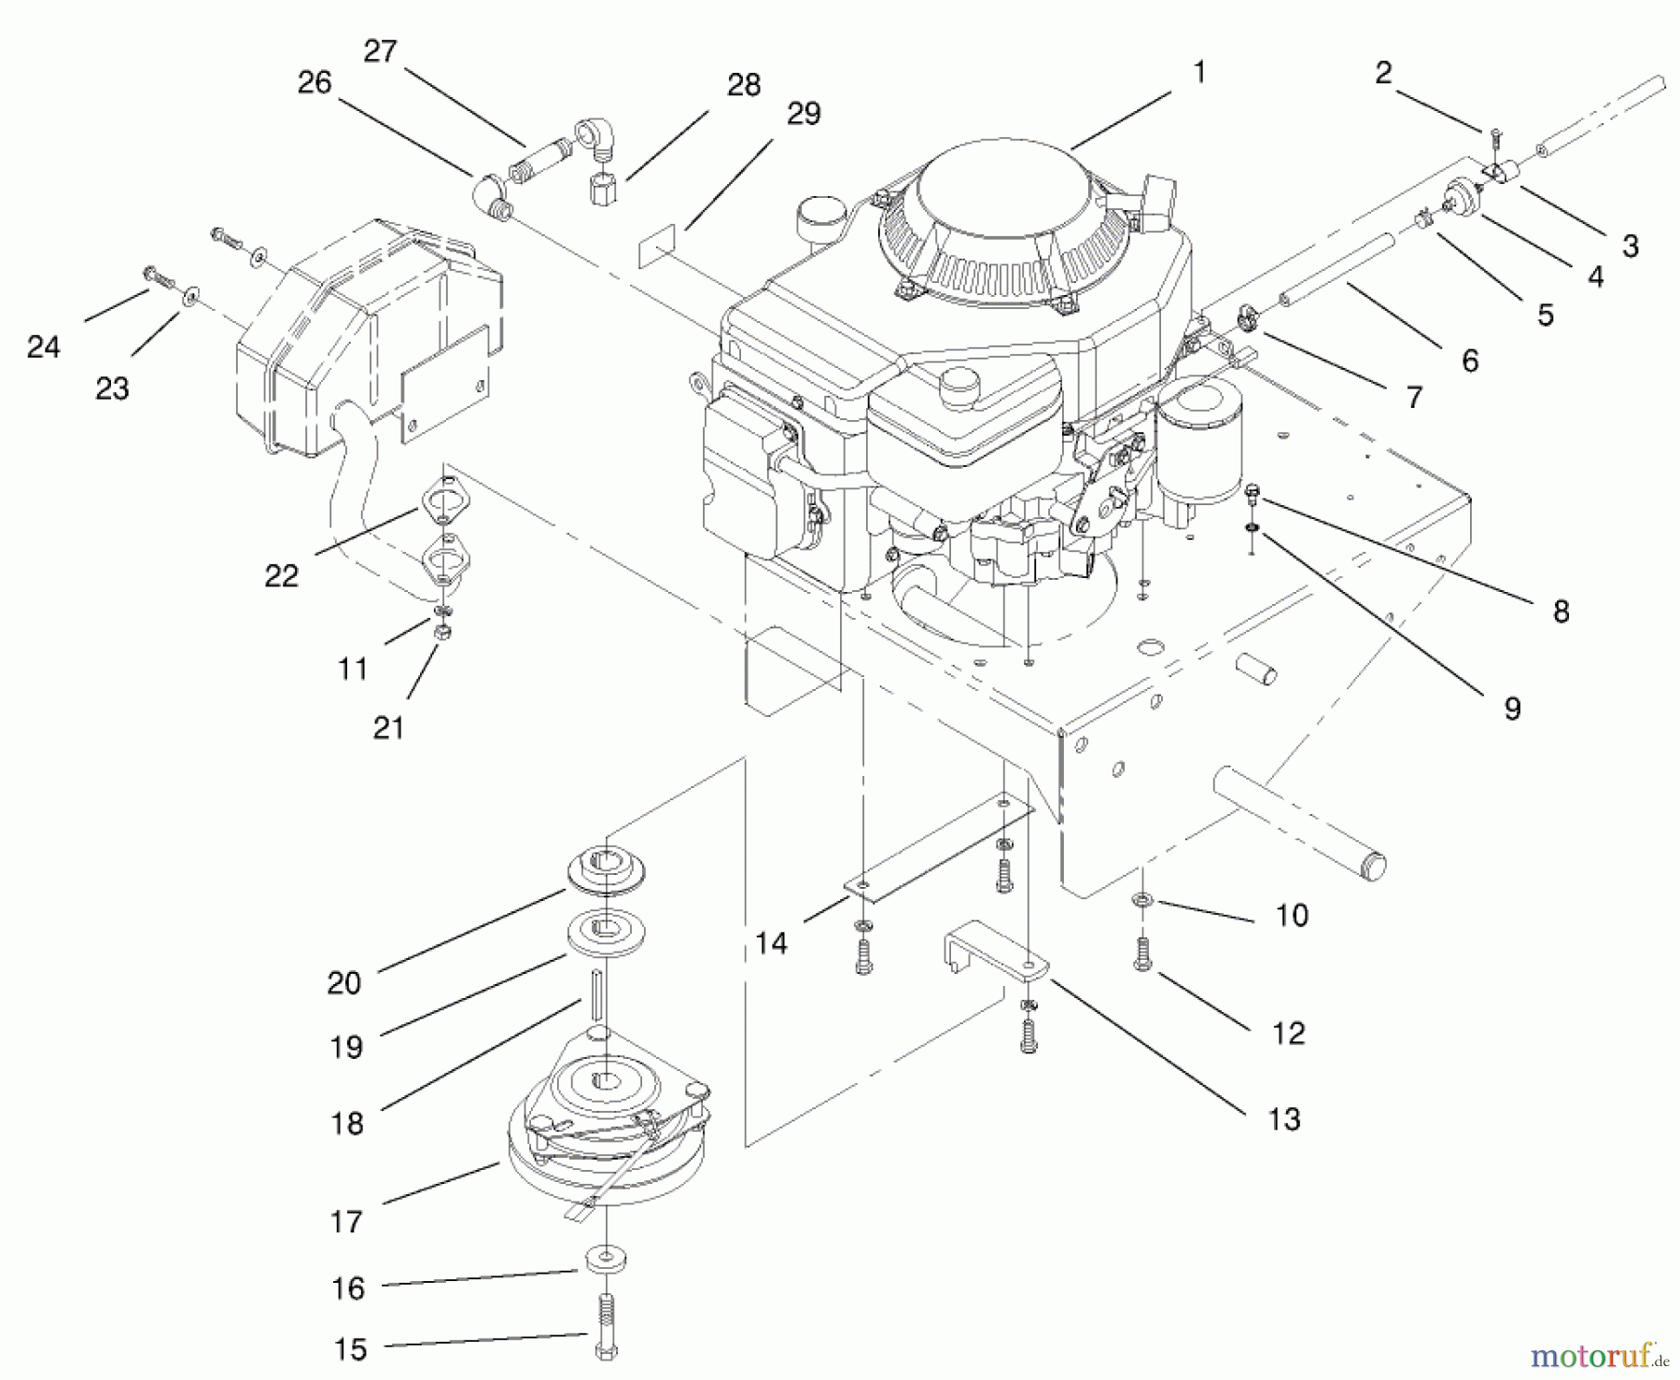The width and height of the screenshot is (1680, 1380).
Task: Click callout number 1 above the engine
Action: (x=1199, y=72)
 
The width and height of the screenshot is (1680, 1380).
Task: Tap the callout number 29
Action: (x=804, y=114)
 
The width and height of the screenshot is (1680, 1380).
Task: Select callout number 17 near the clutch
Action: (x=345, y=1221)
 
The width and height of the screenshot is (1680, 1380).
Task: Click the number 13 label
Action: (x=1283, y=1119)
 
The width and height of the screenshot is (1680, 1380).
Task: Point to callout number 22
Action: (x=281, y=575)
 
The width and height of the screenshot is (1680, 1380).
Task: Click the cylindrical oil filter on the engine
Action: (x=1199, y=439)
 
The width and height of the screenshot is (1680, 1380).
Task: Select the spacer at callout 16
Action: (x=607, y=1260)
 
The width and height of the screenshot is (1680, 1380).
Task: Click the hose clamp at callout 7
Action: (x=1246, y=321)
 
